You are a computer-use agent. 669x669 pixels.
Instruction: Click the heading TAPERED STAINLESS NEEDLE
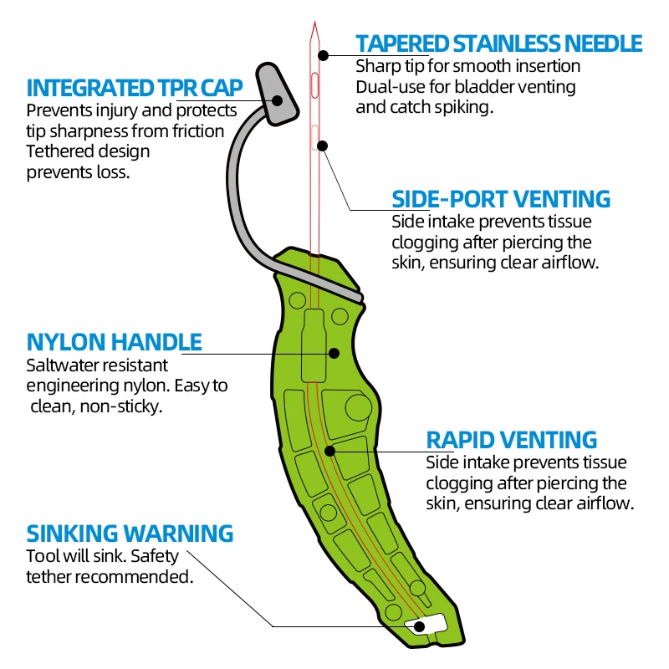pyautogui.click(x=498, y=43)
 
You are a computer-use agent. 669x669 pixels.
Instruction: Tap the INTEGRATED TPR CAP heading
pyautogui.click(x=135, y=88)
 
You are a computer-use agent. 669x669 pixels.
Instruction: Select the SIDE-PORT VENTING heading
pyautogui.click(x=501, y=199)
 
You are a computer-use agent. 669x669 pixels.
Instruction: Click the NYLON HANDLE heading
pyautogui.click(x=114, y=342)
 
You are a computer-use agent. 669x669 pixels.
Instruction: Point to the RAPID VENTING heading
pyautogui.click(x=512, y=440)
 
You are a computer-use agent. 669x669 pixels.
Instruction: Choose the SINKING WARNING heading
pyautogui.click(x=130, y=534)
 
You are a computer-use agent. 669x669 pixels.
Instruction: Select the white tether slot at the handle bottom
pyautogui.click(x=426, y=624)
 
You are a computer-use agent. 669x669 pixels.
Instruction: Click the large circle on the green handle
pyautogui.click(x=358, y=407)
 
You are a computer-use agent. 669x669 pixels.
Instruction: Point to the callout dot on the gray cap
pyautogui.click(x=278, y=101)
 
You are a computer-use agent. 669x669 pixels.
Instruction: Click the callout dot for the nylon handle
pyautogui.click(x=333, y=353)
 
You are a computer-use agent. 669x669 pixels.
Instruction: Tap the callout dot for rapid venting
pyautogui.click(x=330, y=451)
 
